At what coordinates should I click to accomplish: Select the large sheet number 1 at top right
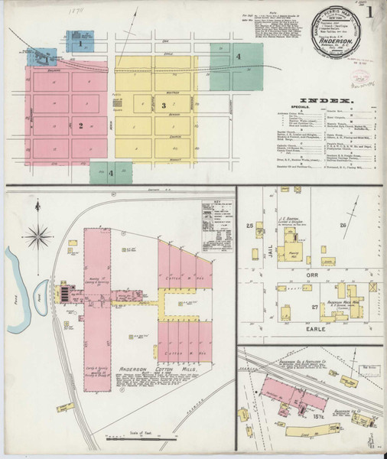pos(370,13)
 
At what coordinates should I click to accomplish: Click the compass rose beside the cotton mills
pos(37,235)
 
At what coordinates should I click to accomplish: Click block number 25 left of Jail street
pos(249,226)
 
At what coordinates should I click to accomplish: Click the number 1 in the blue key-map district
pos(80,44)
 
